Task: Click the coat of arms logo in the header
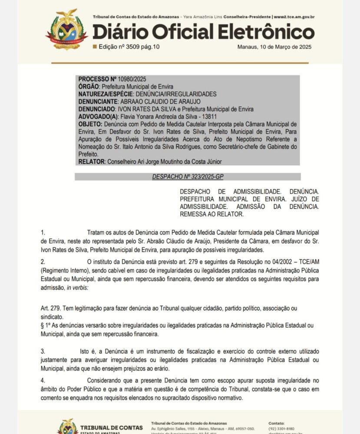click(x=66, y=29)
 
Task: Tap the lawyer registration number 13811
click(x=208, y=117)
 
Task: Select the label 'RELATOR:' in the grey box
click(x=91, y=162)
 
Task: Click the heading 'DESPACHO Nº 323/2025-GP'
click(x=188, y=177)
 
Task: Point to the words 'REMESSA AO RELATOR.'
click(x=211, y=214)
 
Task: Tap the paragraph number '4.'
click(x=43, y=381)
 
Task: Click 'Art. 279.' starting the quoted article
click(x=51, y=308)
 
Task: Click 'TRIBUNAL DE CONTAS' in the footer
click(x=111, y=427)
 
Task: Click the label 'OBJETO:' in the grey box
click(x=90, y=124)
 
